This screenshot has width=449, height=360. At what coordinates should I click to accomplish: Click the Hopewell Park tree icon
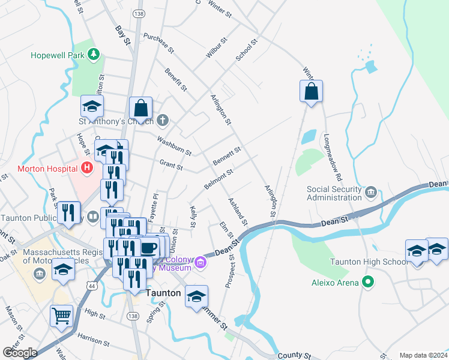[93, 55]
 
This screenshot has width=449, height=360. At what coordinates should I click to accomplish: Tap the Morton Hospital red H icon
[87, 169]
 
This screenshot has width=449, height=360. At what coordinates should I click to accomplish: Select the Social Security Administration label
[334, 193]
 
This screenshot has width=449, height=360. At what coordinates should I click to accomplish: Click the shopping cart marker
[61, 315]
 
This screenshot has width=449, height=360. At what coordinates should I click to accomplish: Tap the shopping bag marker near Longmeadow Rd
[311, 92]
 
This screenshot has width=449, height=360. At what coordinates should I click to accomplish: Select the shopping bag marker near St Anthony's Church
[140, 109]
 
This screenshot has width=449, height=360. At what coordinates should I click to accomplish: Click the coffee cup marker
[149, 247]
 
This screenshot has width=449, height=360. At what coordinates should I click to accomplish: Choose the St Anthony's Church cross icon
[162, 121]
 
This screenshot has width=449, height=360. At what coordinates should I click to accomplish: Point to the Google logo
[20, 353]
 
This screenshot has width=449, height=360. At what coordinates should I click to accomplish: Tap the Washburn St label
[173, 145]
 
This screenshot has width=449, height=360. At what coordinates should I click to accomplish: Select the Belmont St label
[218, 179]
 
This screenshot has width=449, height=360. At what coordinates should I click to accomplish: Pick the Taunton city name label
[163, 293]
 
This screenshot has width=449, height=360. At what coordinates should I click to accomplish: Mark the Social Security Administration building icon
[370, 192]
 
